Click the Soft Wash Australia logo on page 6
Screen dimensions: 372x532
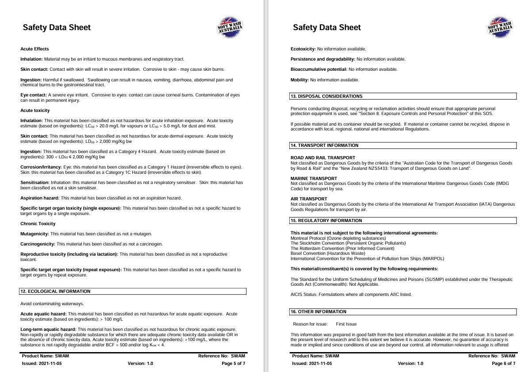[x=500, y=27]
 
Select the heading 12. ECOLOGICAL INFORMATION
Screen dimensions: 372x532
[x=55, y=291]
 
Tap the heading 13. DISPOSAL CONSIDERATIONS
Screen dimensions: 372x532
[x=326, y=96]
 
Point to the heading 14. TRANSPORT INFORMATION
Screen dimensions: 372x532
[x=324, y=146]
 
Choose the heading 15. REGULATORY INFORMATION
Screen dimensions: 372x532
[x=326, y=221]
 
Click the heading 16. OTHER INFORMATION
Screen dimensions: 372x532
[x=318, y=312]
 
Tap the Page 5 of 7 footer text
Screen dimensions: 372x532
[x=233, y=364]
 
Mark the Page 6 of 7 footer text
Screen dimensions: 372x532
[x=503, y=364]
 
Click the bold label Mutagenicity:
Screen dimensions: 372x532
[x=35, y=234]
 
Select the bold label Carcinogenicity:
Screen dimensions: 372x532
[x=38, y=244]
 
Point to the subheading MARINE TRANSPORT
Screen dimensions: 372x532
[x=314, y=178]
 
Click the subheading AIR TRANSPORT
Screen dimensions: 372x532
[x=309, y=199]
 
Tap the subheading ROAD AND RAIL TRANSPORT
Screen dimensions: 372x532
[x=323, y=158]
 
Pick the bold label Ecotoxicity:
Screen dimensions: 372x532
[x=303, y=49]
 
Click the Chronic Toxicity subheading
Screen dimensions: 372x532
[x=38, y=224]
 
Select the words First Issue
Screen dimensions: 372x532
[x=346, y=324]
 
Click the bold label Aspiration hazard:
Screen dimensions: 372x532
[x=40, y=198]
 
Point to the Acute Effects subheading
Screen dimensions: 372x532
[x=34, y=49]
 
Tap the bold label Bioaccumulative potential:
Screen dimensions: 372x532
[x=319, y=69]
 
